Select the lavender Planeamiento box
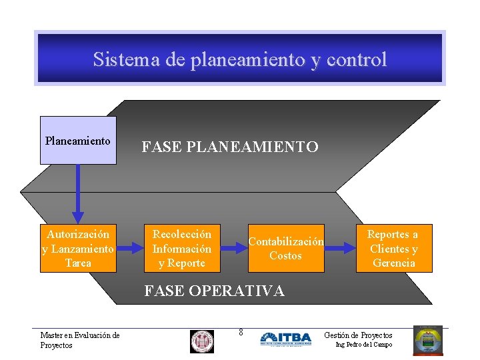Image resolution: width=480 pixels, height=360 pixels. (78, 140)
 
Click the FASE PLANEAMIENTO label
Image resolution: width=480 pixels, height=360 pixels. (230, 147)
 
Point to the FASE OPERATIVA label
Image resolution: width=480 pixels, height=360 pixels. (214, 291)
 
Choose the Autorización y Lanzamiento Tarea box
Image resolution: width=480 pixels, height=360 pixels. (78, 248)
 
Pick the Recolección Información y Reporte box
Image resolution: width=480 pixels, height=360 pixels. (182, 248)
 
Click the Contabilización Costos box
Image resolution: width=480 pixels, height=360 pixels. (286, 248)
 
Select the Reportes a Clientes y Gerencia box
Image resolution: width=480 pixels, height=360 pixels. (393, 248)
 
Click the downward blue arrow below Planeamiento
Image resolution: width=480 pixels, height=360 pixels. (78, 193)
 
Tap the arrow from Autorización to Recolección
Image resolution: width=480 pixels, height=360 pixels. (131, 248)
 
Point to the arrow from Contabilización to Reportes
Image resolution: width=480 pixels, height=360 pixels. (340, 248)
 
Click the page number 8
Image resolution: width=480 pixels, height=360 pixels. (241, 332)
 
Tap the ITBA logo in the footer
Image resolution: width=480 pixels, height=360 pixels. (285, 339)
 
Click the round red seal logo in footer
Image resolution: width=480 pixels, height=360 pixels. (201, 341)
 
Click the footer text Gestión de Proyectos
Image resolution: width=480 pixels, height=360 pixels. (358, 335)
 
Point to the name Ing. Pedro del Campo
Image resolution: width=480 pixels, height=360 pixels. (363, 345)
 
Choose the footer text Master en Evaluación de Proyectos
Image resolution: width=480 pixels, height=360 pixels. (79, 340)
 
